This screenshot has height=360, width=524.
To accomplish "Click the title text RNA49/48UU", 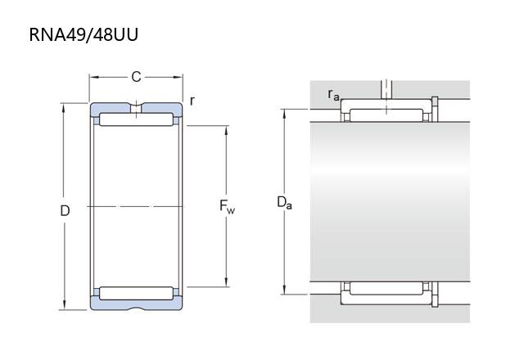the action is [84, 34].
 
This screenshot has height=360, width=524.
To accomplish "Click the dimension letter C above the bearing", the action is [136, 77].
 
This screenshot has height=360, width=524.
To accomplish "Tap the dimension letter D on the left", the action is [65, 211].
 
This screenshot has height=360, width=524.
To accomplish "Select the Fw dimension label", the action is [227, 206].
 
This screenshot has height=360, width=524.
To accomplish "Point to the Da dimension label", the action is [284, 203].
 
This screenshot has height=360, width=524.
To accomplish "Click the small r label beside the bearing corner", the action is [192, 101].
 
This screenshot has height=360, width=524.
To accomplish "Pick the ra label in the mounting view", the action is [333, 95].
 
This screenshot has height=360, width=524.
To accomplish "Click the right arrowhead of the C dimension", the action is [178, 77].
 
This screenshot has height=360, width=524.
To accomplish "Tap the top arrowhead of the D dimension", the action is [64, 108].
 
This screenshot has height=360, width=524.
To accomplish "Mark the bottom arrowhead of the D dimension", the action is [64, 304].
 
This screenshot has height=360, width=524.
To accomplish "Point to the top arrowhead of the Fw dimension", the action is [227, 131].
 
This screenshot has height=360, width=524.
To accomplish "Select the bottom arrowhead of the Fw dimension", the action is [227, 281].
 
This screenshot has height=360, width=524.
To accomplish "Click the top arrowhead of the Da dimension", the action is [284, 115].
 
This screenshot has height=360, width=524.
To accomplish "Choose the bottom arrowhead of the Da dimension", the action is [284, 289].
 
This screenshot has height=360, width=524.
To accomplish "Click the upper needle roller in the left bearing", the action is [137, 119].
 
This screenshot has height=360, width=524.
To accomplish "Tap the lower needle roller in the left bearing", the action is [137, 293].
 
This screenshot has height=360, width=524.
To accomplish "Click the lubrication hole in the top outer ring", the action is [136, 109].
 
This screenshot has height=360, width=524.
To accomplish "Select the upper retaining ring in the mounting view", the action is [435, 109].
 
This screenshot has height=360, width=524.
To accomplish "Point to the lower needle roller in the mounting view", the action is [386, 288].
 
